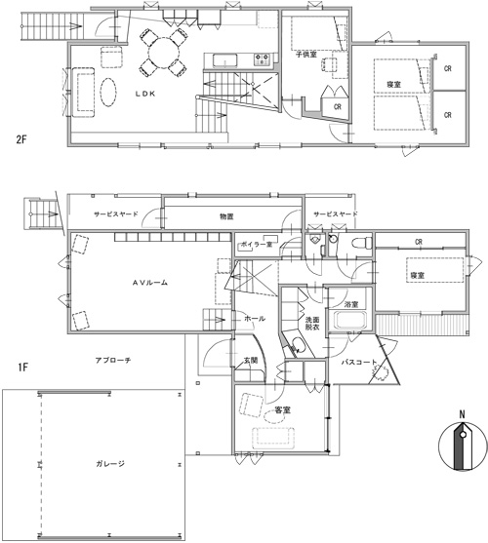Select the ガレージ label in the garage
[109, 464]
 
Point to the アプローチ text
[114, 360]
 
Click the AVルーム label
[151, 282]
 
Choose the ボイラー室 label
[257, 245]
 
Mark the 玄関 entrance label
[250, 362]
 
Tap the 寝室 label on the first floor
[418, 276]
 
